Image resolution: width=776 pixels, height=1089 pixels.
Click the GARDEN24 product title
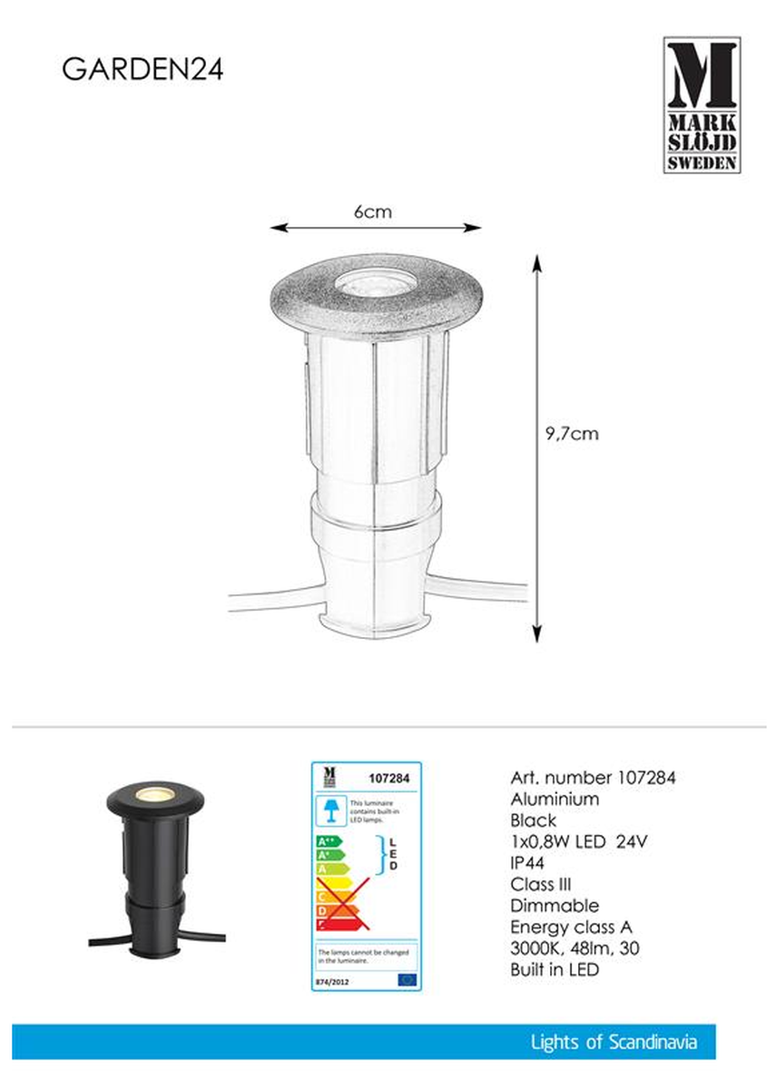tap(142, 71)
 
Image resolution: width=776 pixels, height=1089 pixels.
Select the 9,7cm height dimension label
tap(572, 434)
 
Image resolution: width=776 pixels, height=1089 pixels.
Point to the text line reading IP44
tap(531, 863)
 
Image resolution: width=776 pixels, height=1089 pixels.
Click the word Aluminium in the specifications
tap(555, 800)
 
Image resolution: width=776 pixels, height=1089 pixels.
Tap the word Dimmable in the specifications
tap(555, 906)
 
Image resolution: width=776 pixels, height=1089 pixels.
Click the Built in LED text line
tap(555, 969)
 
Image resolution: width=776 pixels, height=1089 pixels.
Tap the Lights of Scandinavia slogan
tap(614, 1043)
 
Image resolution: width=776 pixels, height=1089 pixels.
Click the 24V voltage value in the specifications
tap(632, 841)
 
